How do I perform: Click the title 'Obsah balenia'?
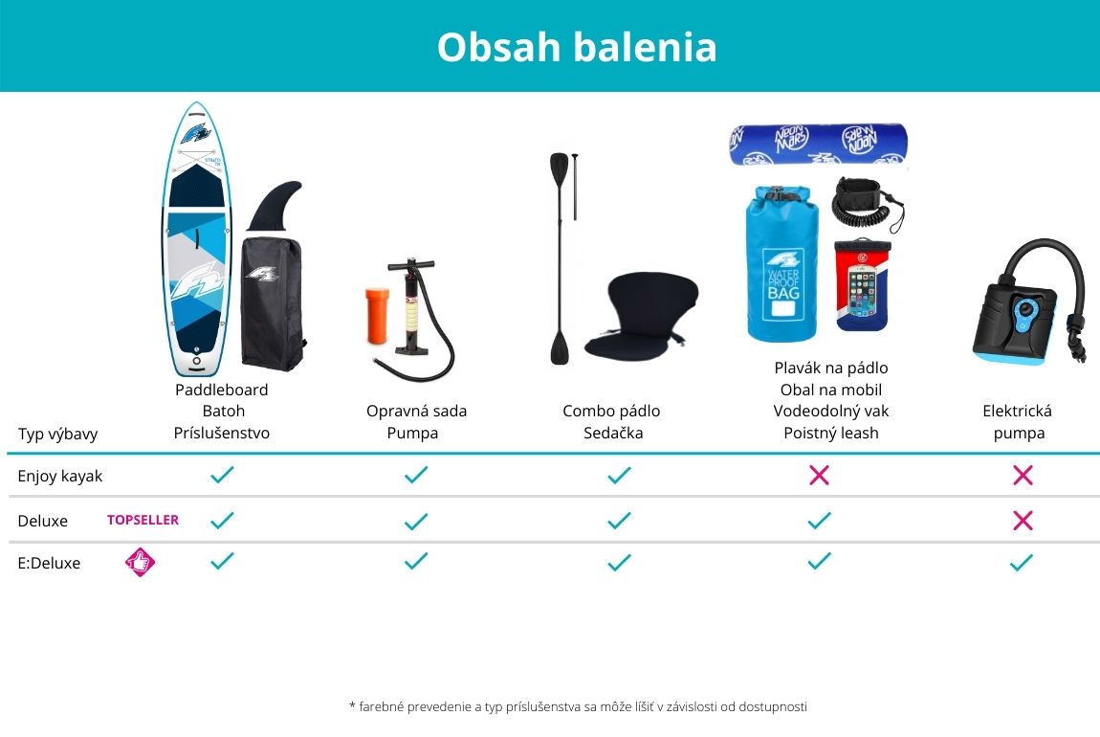[x=577, y=47]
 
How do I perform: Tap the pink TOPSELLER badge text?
[x=143, y=520]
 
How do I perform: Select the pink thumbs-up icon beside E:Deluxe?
[x=140, y=562]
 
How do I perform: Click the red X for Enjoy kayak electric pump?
[x=1023, y=475]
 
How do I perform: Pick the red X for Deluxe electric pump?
[x=1023, y=520]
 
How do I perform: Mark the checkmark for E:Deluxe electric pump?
[x=1022, y=562]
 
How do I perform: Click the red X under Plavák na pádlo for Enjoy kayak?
[x=819, y=475]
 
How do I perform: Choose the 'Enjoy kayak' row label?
[x=59, y=476]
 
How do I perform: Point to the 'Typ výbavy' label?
[x=57, y=434]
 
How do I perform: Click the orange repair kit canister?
[x=377, y=315]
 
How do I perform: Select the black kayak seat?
[x=641, y=316]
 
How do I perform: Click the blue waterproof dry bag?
[x=781, y=263]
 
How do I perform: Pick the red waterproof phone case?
[x=862, y=284]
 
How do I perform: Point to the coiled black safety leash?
[x=867, y=204]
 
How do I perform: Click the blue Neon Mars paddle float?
[x=818, y=145]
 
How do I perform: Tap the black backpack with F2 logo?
[x=273, y=304]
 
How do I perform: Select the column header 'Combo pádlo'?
[x=611, y=412]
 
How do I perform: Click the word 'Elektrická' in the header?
[x=1017, y=412]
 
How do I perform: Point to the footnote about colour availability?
[x=578, y=706]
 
